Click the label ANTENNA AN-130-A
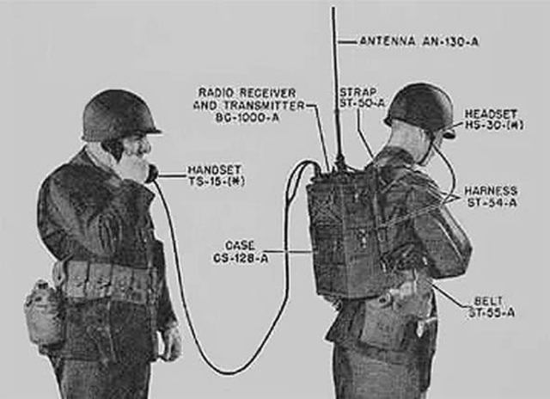[x=419, y=40]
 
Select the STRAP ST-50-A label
[x=362, y=97]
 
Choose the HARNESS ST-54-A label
[x=491, y=196]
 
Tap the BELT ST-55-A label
[x=493, y=306]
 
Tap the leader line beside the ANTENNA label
[x=346, y=40]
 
